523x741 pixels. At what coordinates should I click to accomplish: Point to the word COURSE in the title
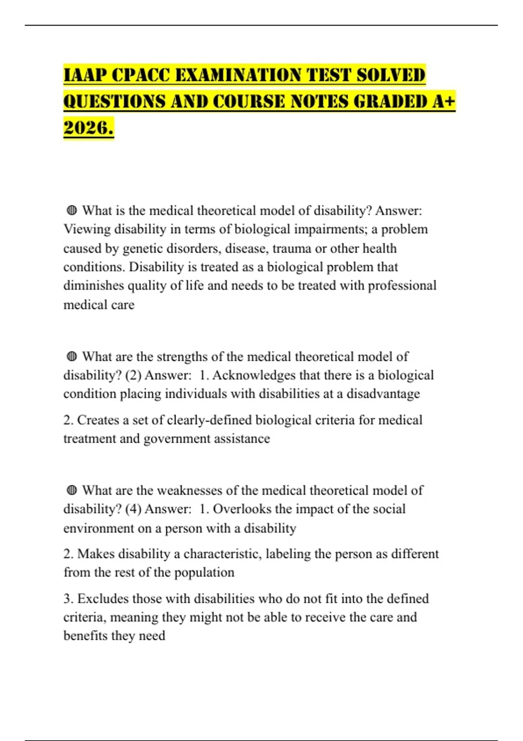point(249,102)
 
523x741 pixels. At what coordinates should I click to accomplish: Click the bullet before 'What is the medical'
point(72,211)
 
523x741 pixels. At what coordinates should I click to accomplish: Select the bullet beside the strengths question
point(72,357)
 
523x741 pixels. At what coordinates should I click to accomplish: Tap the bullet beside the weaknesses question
point(72,491)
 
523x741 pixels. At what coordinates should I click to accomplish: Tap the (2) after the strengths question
point(133,375)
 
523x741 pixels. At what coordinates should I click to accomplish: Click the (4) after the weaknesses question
point(133,509)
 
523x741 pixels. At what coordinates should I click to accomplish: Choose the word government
point(172,438)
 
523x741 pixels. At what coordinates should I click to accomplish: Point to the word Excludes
point(103,599)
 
